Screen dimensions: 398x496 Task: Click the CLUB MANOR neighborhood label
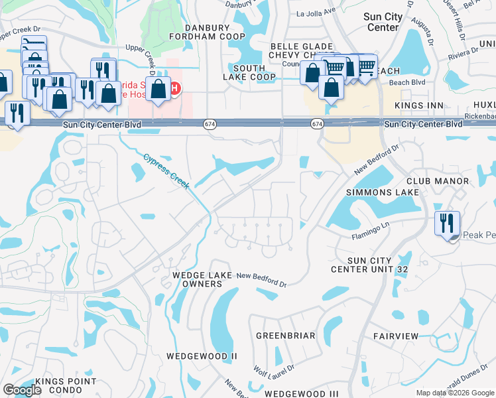[438, 181]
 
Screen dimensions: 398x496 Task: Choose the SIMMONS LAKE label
[383, 192]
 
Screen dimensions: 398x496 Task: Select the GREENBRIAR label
[286, 336]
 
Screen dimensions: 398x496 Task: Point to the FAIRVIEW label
[396, 336]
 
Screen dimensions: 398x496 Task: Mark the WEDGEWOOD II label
[202, 356]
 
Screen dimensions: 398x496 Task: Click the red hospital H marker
[175, 89]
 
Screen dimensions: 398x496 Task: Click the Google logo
[22, 390]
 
